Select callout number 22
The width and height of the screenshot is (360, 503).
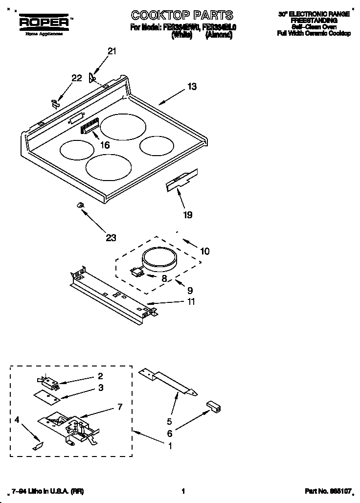coord(76,78)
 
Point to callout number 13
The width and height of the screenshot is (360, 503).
coord(192,87)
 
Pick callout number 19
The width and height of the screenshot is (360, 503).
coord(188,214)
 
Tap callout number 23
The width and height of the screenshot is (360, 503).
coord(111,238)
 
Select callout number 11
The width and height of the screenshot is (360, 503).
coord(191,301)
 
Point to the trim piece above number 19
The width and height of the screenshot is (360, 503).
coord(181,180)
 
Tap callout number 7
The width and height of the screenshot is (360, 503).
coord(120,407)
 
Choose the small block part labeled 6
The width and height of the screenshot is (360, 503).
coord(213,405)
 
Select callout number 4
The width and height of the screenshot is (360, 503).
coord(17,419)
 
